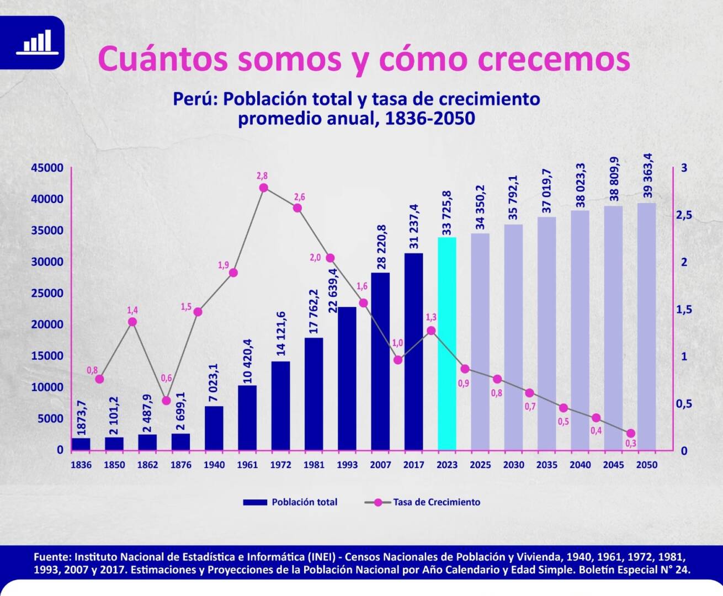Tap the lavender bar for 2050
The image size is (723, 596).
click(x=647, y=326)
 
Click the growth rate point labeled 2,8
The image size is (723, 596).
click(x=264, y=188)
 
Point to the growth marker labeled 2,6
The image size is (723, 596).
click(x=297, y=208)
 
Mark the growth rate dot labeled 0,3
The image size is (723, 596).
click(x=631, y=433)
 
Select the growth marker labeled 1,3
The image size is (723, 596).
click(x=431, y=331)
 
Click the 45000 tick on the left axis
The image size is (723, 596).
click(x=47, y=168)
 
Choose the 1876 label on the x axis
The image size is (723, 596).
click(x=180, y=465)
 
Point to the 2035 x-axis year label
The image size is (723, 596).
click(x=546, y=465)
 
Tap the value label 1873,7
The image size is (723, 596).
click(x=82, y=418)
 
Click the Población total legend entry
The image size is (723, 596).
click(x=290, y=502)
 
